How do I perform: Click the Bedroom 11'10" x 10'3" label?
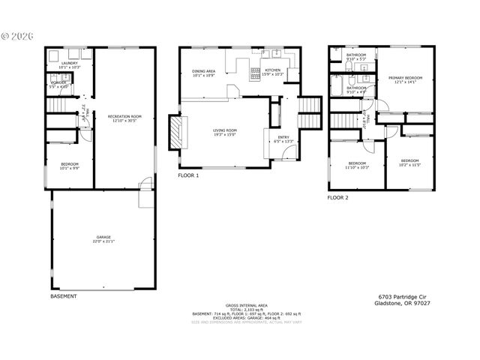pyautogui.click(x=357, y=165)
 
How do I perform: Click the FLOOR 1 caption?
pyautogui.click(x=188, y=175)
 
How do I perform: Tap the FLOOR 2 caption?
pyautogui.click(x=337, y=198)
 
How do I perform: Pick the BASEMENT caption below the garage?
pyautogui.click(x=63, y=296)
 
